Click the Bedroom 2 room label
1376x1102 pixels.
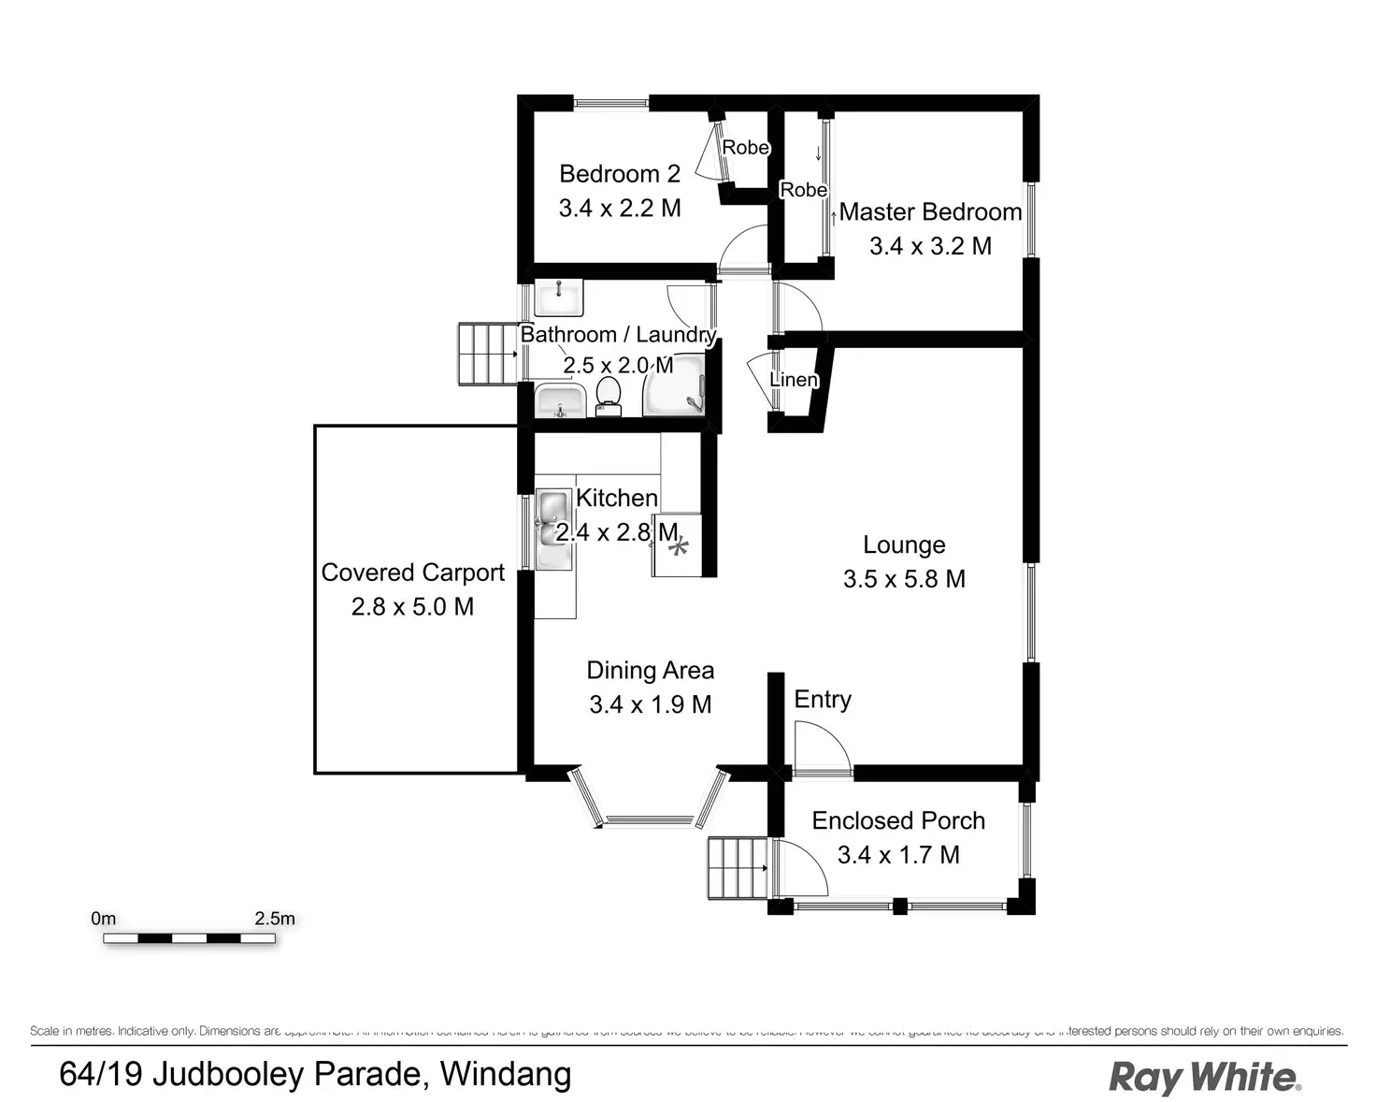coord(619,174)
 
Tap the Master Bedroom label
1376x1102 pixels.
coord(930,212)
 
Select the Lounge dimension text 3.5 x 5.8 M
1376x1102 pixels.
coord(904,579)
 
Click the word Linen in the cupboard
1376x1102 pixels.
coord(794,380)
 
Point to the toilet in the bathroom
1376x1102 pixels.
coord(609,396)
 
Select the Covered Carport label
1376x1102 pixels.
coord(412,573)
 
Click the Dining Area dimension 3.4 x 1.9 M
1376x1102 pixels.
coord(650,704)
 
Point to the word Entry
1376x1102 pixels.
coord(823,700)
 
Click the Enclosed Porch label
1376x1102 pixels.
coord(898,820)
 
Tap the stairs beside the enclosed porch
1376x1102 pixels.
coord(738,868)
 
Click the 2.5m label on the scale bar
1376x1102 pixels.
coord(274,919)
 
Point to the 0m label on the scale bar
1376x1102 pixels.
coord(104,919)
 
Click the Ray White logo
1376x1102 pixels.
coord(1204,1078)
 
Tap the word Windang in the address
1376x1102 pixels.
coord(506,1074)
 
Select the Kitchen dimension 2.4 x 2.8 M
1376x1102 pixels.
coord(616,532)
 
